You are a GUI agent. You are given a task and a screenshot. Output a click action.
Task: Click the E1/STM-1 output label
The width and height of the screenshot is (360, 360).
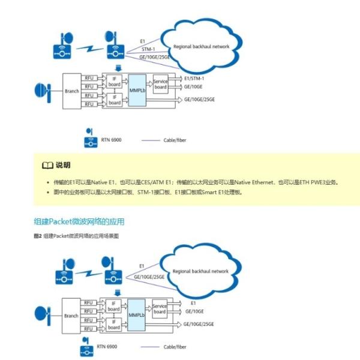click(x=194, y=79)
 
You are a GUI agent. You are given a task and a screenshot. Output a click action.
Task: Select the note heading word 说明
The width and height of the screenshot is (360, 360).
click(x=63, y=165)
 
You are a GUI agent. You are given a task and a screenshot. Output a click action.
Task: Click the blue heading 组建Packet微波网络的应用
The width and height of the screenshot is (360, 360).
click(x=79, y=221)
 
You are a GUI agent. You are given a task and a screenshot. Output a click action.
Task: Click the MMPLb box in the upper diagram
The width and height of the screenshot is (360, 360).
click(x=137, y=90)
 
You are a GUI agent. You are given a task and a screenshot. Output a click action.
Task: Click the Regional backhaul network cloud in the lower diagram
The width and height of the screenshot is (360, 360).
click(x=200, y=271)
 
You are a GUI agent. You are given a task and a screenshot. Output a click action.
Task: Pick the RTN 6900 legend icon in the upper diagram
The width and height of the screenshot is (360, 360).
click(x=89, y=139)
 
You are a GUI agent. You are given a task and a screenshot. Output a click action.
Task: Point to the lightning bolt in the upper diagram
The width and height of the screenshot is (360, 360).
click(x=91, y=45)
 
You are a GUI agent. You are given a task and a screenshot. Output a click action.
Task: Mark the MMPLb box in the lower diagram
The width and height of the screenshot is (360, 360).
click(x=136, y=314)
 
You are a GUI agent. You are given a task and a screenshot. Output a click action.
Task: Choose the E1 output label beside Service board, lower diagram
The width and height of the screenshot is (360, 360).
click(x=194, y=304)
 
